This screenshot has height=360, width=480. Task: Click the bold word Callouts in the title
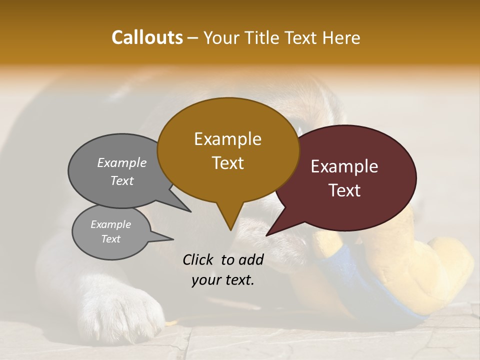(x=147, y=37)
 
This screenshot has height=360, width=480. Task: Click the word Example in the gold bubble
(x=227, y=139)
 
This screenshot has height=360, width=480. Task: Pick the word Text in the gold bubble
(x=227, y=163)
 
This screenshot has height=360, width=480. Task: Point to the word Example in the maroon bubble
(x=344, y=166)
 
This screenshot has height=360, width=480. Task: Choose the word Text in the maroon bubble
(x=344, y=190)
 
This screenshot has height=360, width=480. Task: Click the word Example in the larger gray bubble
(x=122, y=163)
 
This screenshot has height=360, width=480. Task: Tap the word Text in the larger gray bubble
(x=122, y=181)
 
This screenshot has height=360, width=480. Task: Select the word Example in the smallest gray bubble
(x=110, y=224)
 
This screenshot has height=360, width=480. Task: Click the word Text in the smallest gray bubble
(x=110, y=239)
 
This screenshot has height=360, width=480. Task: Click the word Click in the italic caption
(x=198, y=259)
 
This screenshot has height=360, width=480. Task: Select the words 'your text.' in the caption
(x=223, y=280)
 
